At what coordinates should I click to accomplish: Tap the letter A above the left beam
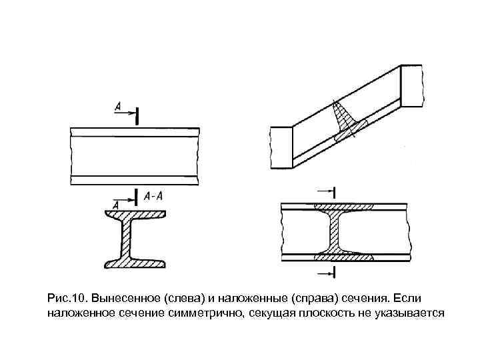pyautogui.click(x=117, y=106)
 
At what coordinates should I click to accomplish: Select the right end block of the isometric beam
pyautogui.click(x=412, y=85)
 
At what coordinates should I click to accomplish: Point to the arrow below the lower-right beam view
pyautogui.click(x=325, y=273)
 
